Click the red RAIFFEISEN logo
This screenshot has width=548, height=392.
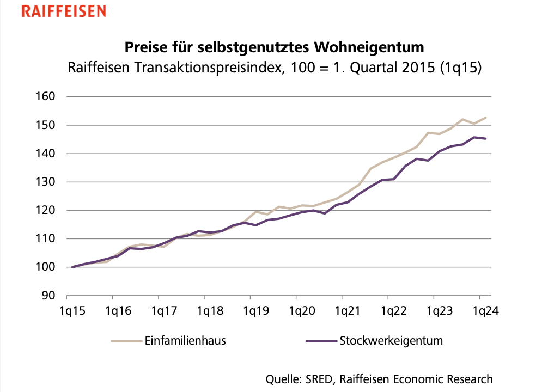click(x=63, y=11)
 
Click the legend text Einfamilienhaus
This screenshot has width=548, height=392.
click(x=186, y=341)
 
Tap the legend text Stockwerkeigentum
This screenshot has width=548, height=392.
click(x=391, y=341)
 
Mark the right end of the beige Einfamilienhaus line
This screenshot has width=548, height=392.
click(x=486, y=118)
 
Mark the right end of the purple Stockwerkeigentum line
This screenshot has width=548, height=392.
click(x=486, y=139)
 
